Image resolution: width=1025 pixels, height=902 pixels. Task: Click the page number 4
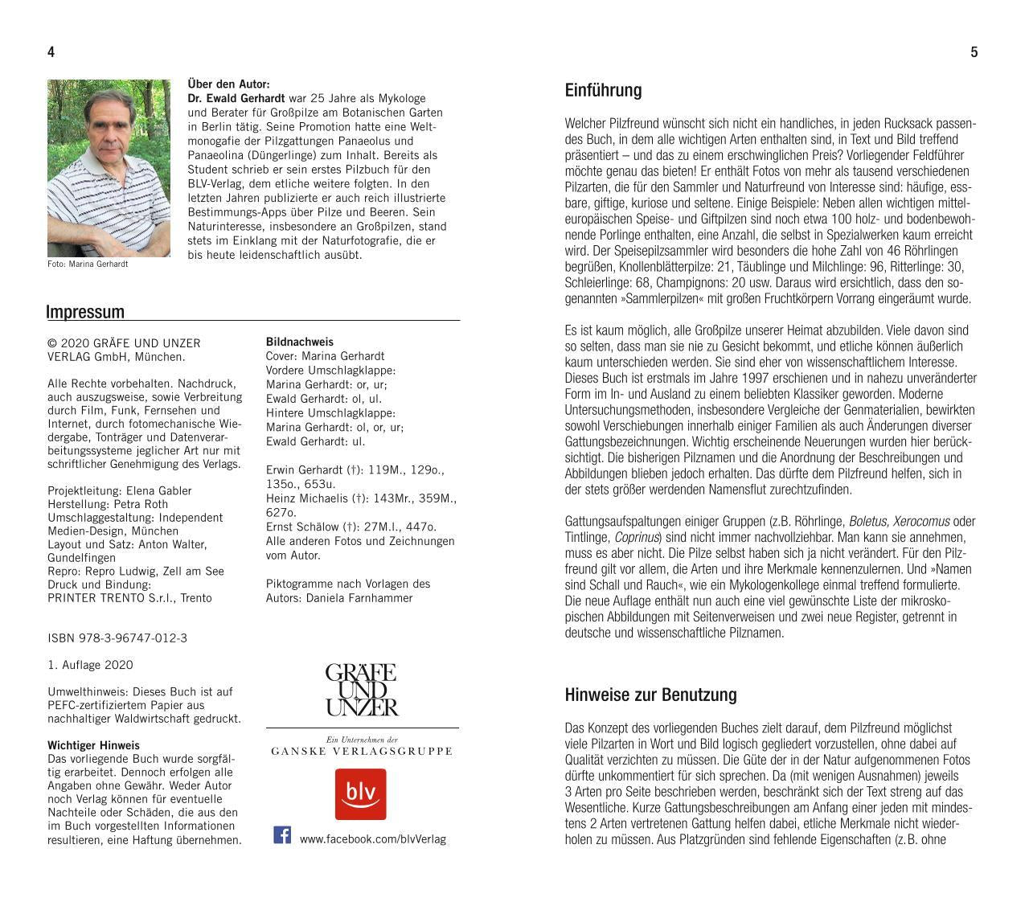click(x=51, y=52)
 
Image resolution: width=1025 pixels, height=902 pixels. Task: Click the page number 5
click(x=974, y=52)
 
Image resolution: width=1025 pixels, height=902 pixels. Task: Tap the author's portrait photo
click(x=109, y=168)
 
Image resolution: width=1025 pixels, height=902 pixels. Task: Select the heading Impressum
click(x=85, y=312)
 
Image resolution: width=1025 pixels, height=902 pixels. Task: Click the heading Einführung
click(x=603, y=90)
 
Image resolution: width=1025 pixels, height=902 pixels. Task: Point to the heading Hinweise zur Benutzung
click(x=650, y=695)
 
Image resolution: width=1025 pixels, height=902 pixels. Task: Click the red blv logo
click(x=360, y=793)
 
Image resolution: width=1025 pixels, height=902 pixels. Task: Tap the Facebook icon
click(x=282, y=834)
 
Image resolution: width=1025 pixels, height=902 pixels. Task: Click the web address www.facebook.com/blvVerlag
click(x=372, y=839)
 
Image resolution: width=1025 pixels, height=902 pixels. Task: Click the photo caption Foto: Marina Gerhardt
click(x=88, y=264)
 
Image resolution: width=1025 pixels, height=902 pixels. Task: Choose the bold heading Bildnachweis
click(x=299, y=342)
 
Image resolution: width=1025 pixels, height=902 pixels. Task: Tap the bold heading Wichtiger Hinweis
click(x=93, y=745)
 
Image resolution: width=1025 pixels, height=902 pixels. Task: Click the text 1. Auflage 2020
click(x=90, y=665)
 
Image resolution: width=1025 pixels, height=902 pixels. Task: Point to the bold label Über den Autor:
click(x=228, y=84)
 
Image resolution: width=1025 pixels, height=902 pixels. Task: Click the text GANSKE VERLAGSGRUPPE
click(x=362, y=751)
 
